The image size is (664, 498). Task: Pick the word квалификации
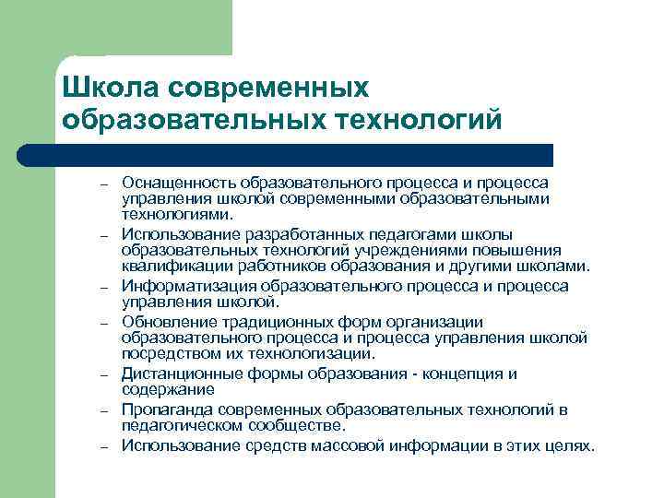pos(167,267)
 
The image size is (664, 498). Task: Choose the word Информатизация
pos(180,286)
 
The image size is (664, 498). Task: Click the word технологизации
pos(315,353)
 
